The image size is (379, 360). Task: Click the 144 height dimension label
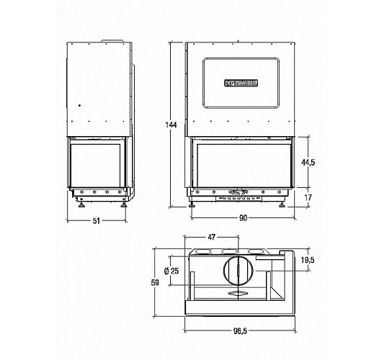pos(171,125)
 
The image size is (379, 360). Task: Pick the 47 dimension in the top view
pos(212,236)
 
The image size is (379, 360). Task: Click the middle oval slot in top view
pos(231,251)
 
